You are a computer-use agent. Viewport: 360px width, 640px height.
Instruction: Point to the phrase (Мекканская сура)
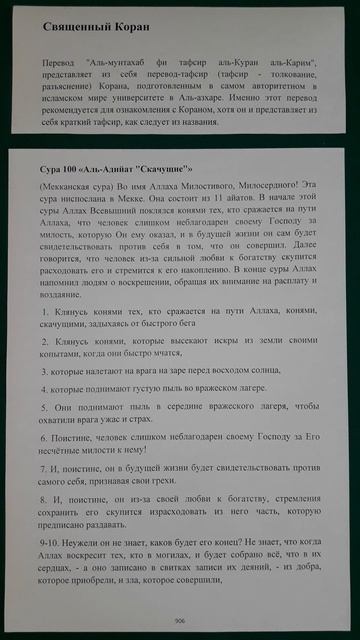(x=79, y=187)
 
